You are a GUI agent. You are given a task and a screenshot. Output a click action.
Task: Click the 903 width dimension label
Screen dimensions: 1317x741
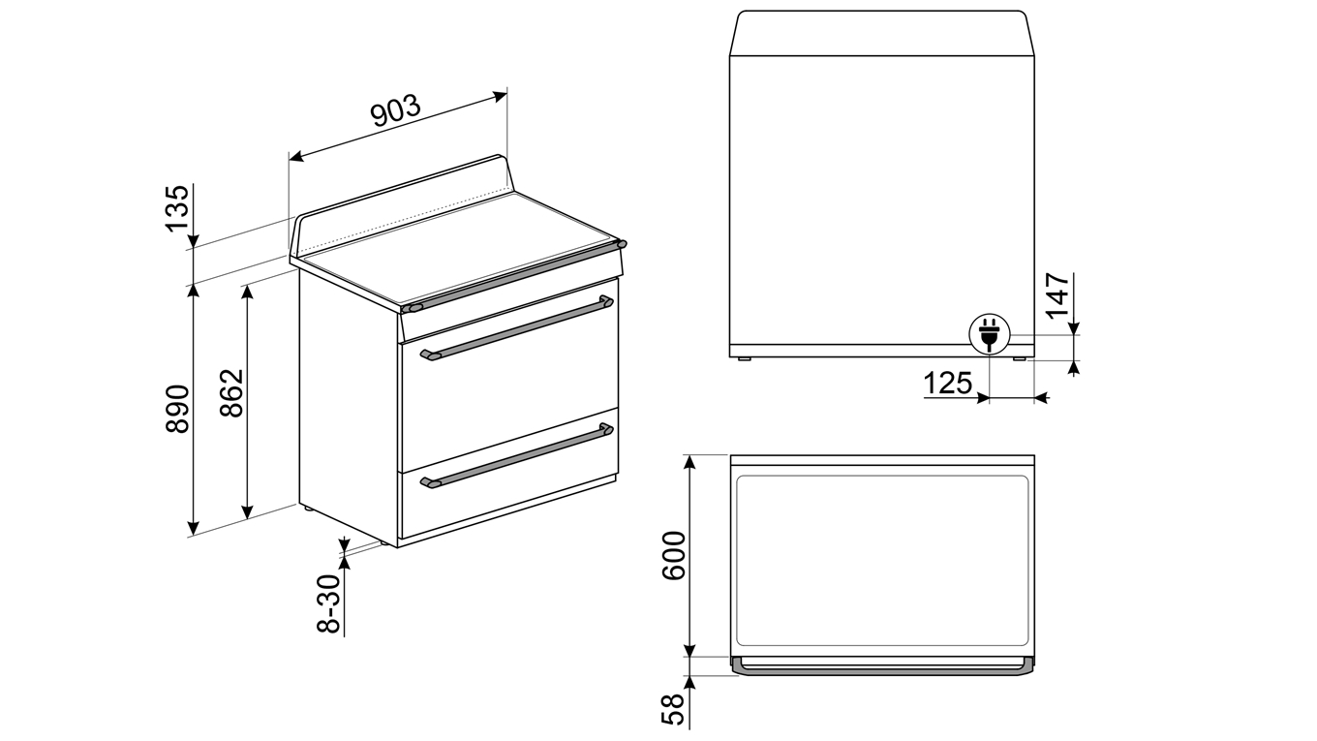(x=396, y=110)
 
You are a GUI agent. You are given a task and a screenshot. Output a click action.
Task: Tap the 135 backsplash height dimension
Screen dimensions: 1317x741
(x=177, y=209)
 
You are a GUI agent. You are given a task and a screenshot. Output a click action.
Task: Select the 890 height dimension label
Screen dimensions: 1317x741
(x=177, y=410)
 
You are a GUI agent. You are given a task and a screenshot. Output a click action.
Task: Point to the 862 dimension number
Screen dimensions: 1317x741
(x=231, y=393)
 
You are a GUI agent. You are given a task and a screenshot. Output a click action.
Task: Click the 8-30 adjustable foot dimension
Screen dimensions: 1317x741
(x=328, y=603)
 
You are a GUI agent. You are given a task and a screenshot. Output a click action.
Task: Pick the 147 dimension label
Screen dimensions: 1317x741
(x=1058, y=295)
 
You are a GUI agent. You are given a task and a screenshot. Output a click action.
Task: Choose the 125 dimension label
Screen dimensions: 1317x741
(x=948, y=384)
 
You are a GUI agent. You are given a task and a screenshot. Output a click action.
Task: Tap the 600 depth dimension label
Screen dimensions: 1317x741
(x=674, y=556)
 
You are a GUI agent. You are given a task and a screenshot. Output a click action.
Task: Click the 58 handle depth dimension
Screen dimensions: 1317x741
(x=674, y=709)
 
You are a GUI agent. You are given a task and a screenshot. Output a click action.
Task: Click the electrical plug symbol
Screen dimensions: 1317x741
(x=989, y=334)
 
